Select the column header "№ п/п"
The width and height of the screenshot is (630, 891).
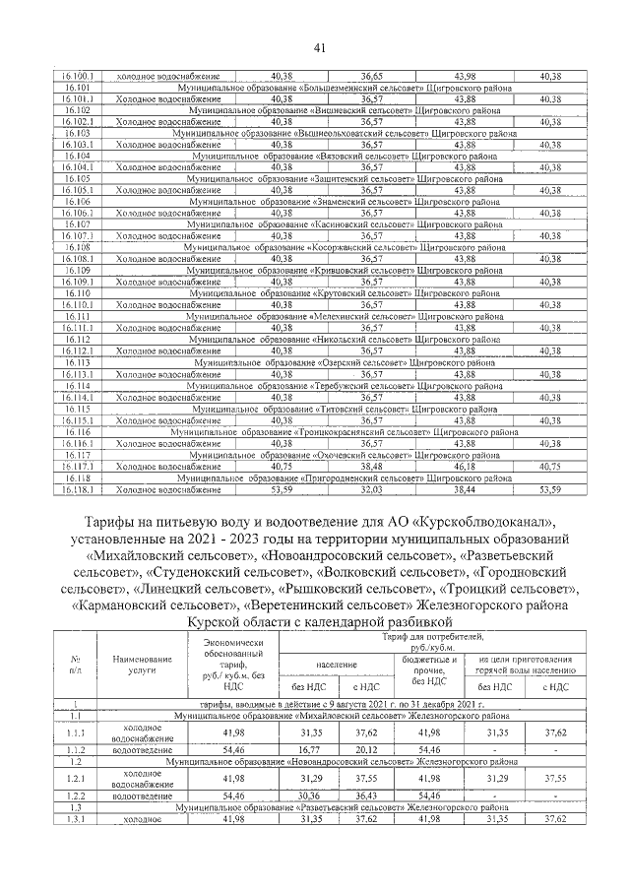pos(76,666)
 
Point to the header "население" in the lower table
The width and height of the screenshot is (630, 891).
pos(335,667)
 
